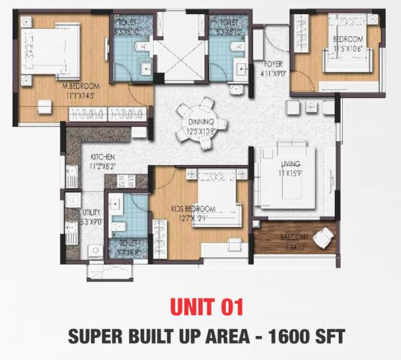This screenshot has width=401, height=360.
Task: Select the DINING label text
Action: tap(200, 122)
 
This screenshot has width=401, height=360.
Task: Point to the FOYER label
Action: tap(273, 64)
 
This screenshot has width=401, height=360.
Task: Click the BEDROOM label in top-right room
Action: tap(348, 39)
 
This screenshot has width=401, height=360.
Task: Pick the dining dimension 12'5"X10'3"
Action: tap(200, 131)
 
